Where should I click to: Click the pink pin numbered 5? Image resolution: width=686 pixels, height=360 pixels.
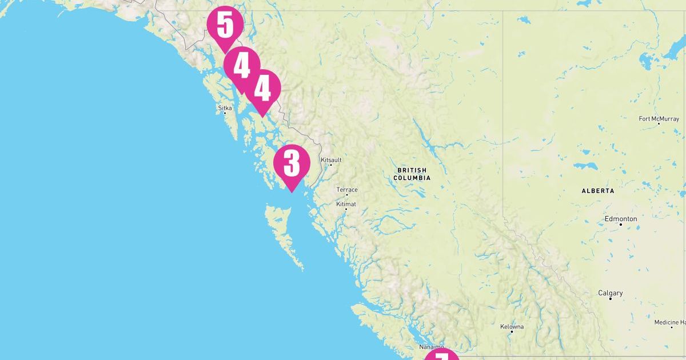point(225,26)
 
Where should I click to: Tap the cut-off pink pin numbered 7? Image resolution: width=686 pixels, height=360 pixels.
point(441,356)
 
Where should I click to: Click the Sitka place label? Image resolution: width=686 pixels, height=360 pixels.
point(225,107)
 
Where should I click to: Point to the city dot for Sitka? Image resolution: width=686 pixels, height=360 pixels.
point(225,113)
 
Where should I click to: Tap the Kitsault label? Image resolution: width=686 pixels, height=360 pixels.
point(331,160)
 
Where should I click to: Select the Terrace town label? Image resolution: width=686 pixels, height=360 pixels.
point(346,190)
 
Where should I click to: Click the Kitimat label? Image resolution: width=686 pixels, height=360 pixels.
point(346,204)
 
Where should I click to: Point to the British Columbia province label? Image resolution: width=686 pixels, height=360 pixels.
point(412,174)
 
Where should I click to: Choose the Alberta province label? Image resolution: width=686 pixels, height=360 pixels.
point(597,191)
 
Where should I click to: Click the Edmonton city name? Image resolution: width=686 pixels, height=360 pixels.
point(621,219)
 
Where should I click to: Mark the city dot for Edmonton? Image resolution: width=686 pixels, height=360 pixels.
point(621,224)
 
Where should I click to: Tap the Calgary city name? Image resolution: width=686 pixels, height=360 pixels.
point(610,293)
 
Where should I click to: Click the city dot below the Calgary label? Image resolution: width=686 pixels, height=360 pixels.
point(611,299)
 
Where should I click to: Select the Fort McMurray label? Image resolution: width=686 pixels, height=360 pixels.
point(659,119)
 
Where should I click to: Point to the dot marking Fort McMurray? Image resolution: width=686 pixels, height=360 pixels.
point(659,123)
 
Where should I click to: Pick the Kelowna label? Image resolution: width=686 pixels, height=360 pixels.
point(512,327)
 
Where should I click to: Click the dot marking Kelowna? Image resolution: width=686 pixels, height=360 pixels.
point(512,331)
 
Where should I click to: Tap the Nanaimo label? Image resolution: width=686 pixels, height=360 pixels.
point(431,347)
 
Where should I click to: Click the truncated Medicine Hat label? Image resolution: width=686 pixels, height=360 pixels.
point(670,323)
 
